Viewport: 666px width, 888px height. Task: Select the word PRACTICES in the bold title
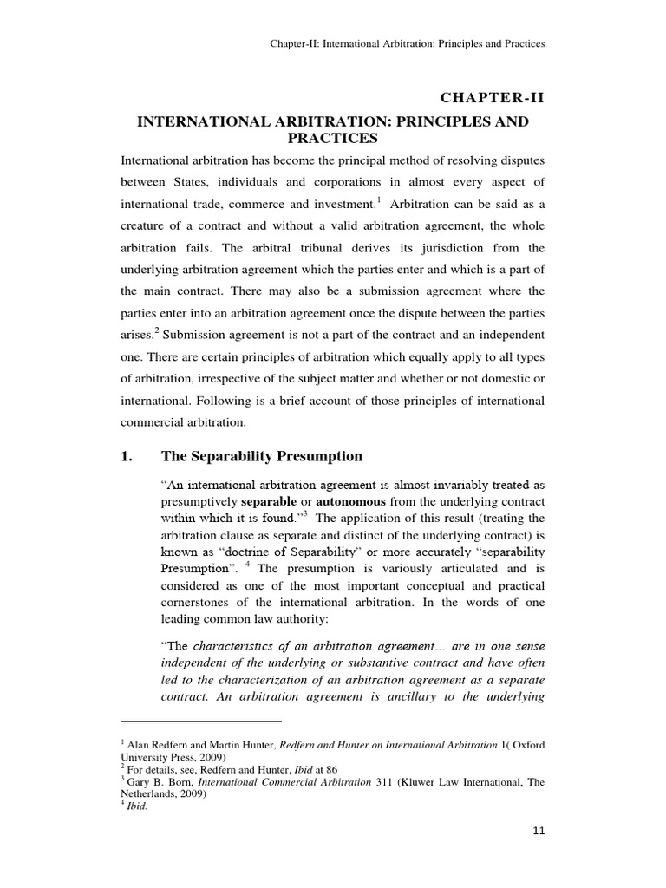coord(333,138)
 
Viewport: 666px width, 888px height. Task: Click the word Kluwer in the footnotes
coord(363,782)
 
